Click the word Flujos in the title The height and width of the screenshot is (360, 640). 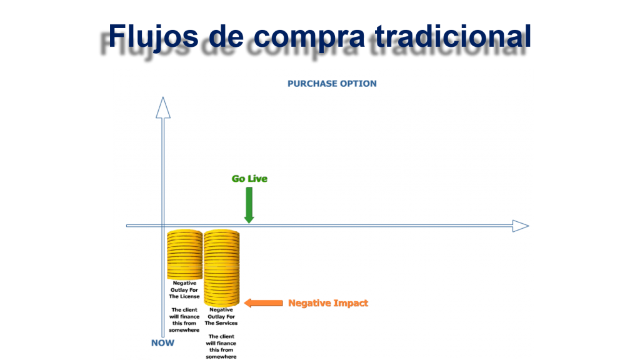[x=153, y=37]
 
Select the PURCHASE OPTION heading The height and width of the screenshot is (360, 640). [x=332, y=84]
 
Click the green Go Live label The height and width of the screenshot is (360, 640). [x=249, y=179]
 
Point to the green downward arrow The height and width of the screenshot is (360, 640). [x=249, y=205]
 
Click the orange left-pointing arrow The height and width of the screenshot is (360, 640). [x=263, y=303]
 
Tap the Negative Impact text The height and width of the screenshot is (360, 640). [x=328, y=303]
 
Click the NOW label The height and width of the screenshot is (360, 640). [x=162, y=343]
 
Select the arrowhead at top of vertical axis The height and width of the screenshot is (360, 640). [x=163, y=107]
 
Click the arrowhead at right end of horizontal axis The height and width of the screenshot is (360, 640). [x=521, y=226]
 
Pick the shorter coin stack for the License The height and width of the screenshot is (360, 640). [x=185, y=255]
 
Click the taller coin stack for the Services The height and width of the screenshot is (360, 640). [x=222, y=267]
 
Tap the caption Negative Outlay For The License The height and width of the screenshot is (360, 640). [x=184, y=290]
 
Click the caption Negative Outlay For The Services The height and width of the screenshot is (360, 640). [x=221, y=316]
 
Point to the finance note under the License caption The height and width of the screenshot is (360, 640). [x=184, y=320]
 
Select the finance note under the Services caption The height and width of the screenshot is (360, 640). [x=221, y=346]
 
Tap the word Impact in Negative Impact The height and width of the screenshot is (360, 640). [x=351, y=303]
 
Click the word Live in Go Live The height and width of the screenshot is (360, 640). [x=258, y=179]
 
